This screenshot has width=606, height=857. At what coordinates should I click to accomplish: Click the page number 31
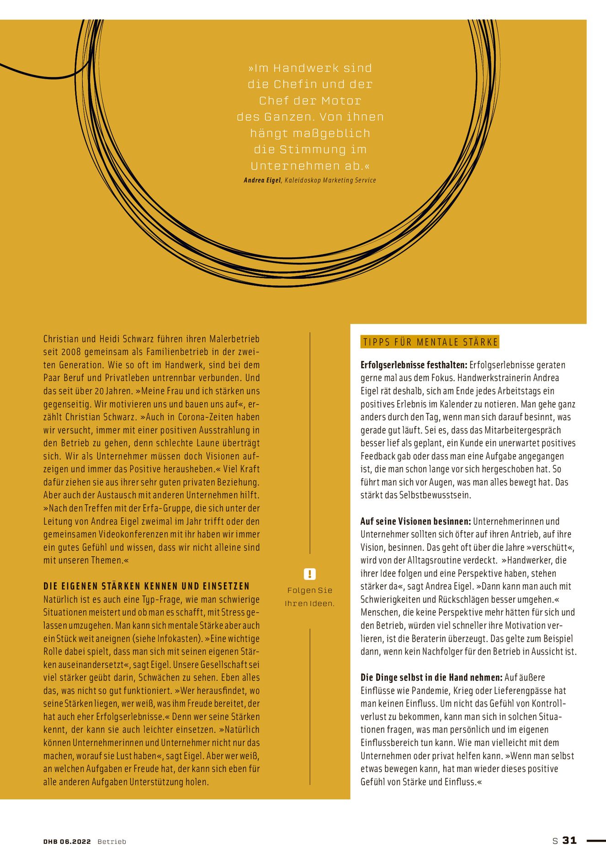point(569,840)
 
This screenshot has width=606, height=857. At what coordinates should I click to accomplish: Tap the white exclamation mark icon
point(309,574)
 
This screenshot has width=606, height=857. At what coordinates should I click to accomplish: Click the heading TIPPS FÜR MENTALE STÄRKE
point(430,342)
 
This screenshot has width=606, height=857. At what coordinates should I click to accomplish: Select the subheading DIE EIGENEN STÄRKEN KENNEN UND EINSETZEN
point(147,586)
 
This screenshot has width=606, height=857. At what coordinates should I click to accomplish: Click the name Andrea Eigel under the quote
point(262,181)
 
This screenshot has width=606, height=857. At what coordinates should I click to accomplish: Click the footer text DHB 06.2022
point(67,841)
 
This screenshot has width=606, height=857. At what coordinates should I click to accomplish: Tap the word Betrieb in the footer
point(112,841)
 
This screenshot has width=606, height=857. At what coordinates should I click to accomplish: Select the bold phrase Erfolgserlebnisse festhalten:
point(414,365)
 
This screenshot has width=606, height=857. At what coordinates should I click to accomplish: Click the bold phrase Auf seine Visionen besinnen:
point(415,521)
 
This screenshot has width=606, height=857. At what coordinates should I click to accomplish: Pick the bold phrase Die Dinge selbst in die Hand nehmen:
point(431,677)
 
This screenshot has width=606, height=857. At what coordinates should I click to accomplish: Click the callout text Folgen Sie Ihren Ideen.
point(309,596)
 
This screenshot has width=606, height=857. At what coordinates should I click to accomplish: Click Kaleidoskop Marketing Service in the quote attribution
point(330,181)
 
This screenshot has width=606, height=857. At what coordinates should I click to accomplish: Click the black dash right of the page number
point(595,840)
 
